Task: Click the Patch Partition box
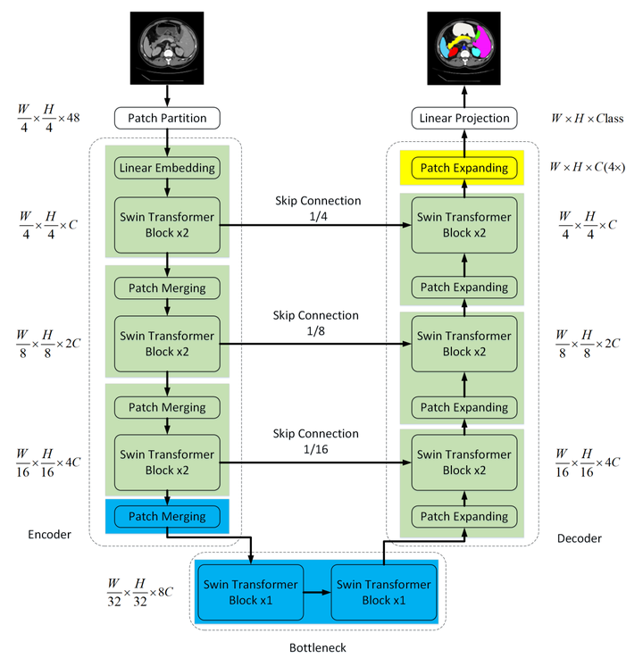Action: click(167, 117)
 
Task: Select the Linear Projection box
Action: click(463, 117)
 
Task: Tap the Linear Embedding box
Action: click(167, 167)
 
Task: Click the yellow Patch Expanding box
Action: click(464, 168)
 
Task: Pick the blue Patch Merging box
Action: click(167, 516)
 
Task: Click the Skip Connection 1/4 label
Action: click(317, 207)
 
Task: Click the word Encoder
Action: click(50, 535)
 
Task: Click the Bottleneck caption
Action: click(317, 646)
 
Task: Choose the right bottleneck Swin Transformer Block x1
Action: click(384, 592)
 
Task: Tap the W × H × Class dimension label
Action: click(587, 119)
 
